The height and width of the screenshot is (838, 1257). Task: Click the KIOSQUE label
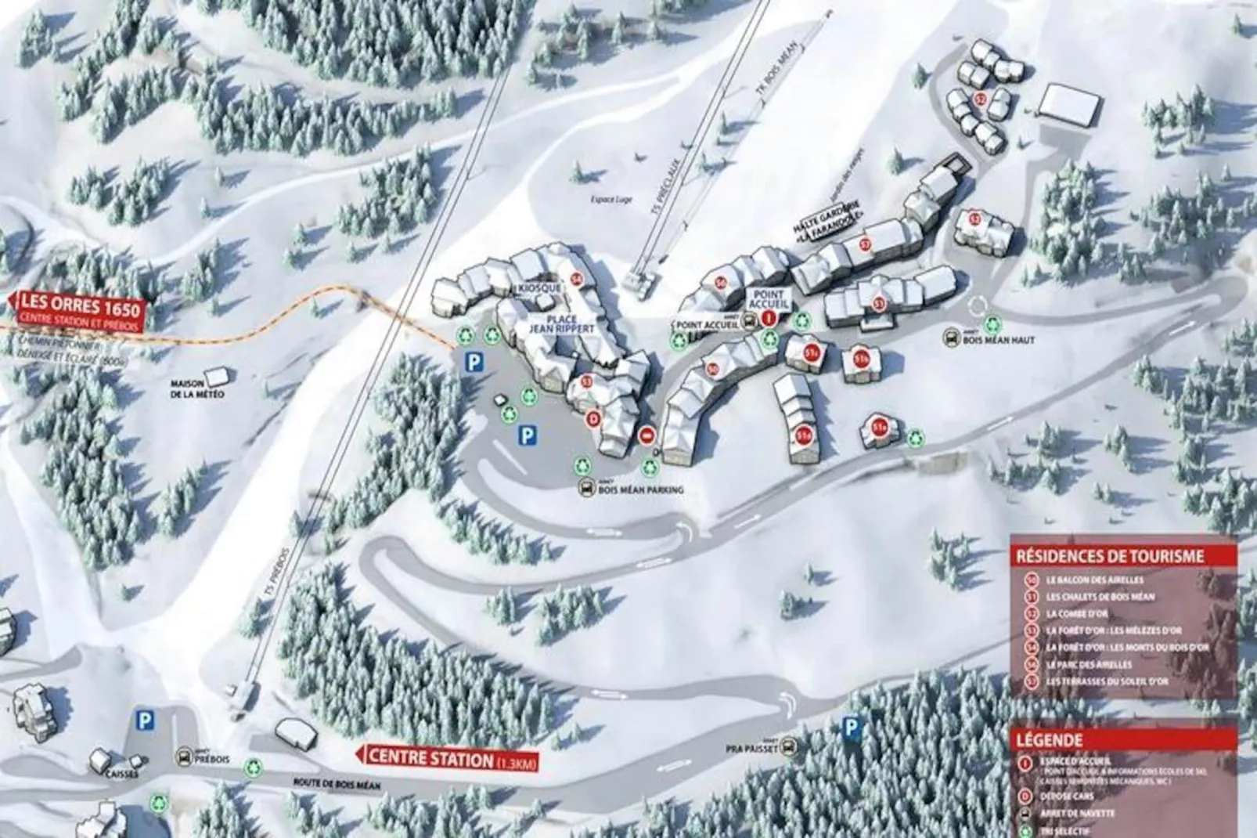click(538, 289)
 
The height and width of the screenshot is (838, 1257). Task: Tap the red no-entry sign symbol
click(647, 436)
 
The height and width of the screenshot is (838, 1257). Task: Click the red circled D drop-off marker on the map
click(592, 419)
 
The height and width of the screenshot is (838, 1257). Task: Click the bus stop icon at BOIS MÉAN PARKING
click(586, 489)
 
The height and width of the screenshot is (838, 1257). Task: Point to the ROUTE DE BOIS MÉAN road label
click(329, 782)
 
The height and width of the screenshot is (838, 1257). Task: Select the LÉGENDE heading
click(1049, 739)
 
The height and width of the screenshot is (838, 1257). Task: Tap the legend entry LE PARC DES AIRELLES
click(1088, 665)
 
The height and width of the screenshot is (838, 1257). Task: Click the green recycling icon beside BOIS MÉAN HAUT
click(992, 323)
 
